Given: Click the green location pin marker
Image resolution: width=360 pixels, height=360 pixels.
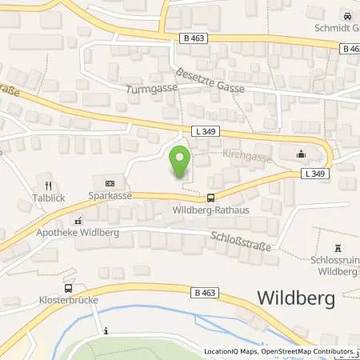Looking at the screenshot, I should [180, 162].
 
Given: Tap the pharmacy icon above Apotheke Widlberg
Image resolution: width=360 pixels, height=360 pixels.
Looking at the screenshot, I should [78, 220].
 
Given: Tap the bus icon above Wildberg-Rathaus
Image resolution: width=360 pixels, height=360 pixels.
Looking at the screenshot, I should [210, 198].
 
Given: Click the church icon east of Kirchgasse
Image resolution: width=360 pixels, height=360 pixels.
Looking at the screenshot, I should [301, 154].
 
